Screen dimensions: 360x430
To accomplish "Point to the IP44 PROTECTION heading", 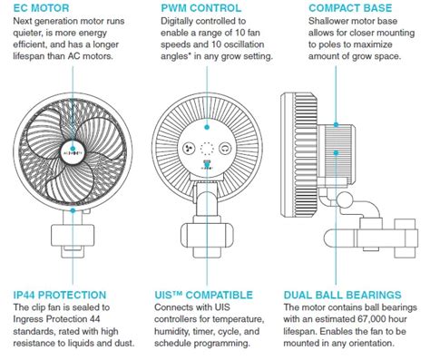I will pyautogui.click(x=62, y=295).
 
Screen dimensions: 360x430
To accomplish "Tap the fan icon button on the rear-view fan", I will pyautogui.click(x=186, y=149).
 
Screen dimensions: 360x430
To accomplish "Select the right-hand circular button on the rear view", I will pyautogui.click(x=224, y=149).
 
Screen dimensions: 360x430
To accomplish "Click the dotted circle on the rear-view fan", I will pyautogui.click(x=205, y=149).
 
